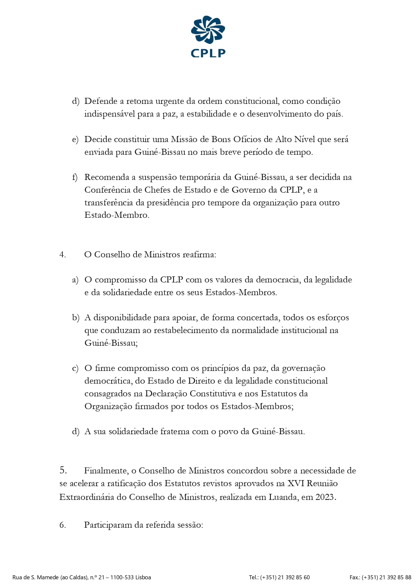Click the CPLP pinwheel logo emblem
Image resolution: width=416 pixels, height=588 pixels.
click(x=208, y=30)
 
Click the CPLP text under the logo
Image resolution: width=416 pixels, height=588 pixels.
click(x=208, y=53)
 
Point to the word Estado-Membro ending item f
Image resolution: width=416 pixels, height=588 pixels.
click(x=116, y=215)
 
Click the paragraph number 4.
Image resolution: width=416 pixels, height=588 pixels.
click(x=62, y=255)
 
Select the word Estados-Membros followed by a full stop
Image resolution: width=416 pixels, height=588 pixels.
click(x=241, y=292)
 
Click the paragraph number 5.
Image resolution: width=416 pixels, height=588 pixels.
click(x=63, y=470)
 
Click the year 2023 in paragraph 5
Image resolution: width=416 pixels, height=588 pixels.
click(x=325, y=497)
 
